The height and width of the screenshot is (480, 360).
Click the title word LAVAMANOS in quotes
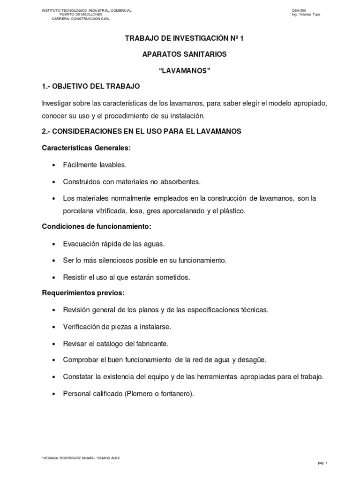pyautogui.click(x=184, y=70)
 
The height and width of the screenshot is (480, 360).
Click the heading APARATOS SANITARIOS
pyautogui.click(x=184, y=54)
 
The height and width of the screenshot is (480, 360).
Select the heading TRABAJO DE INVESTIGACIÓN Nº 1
pyautogui.click(x=184, y=38)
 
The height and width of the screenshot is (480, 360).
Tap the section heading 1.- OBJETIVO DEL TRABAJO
pyautogui.click(x=91, y=87)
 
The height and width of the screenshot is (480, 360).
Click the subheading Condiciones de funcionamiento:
pyautogui.click(x=97, y=227)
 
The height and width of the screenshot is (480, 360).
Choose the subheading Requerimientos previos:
pyautogui.click(x=83, y=293)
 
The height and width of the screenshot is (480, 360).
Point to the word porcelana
pyautogui.click(x=78, y=211)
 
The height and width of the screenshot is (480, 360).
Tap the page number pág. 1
pyautogui.click(x=322, y=463)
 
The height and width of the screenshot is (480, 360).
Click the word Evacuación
pyautogui.click(x=81, y=244)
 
